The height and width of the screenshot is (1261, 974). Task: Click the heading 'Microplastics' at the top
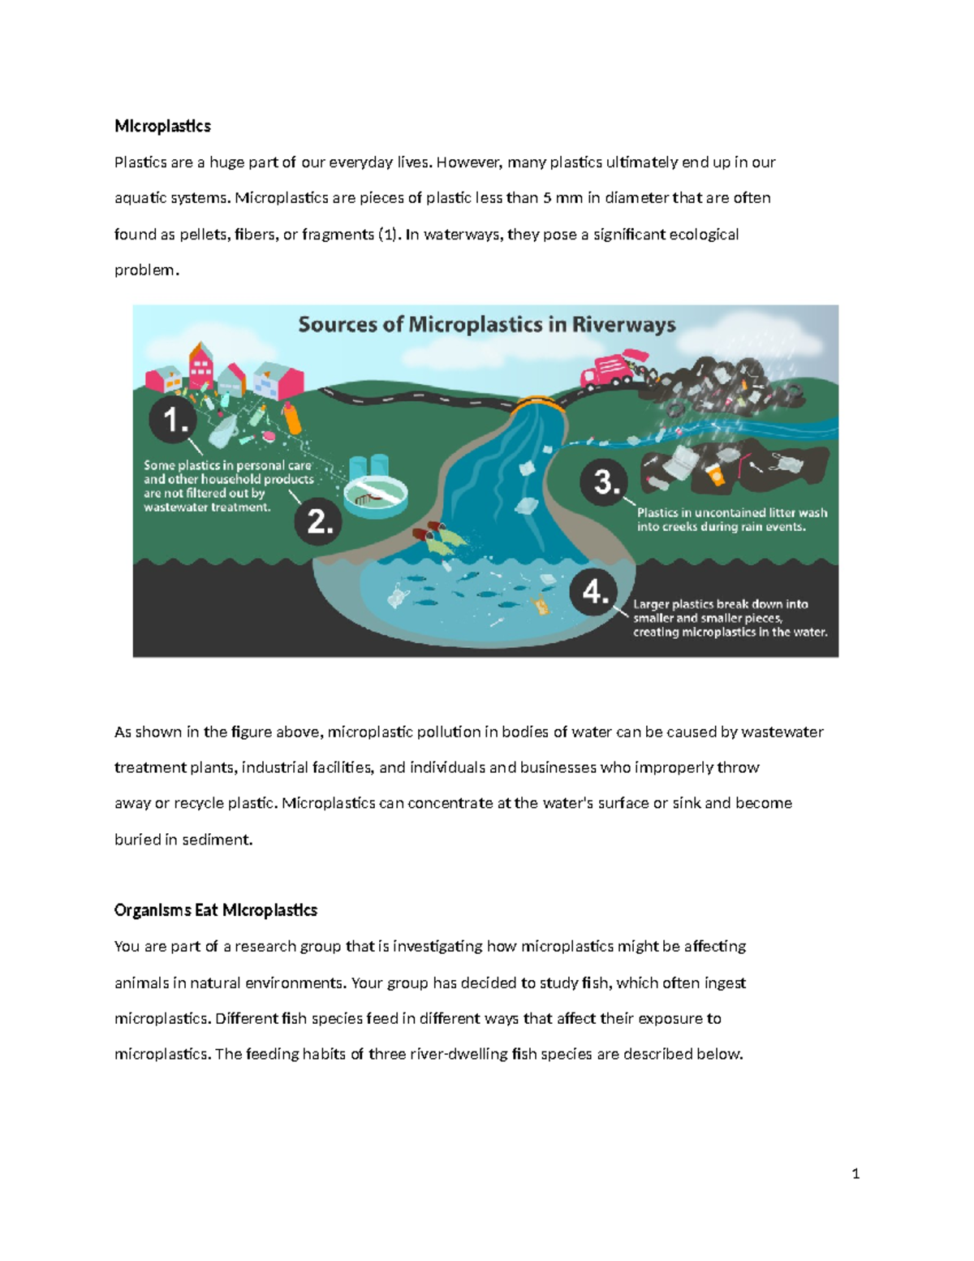pos(162,126)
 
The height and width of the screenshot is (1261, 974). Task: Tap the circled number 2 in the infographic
pos(319,521)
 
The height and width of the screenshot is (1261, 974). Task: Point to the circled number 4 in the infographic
pos(594,592)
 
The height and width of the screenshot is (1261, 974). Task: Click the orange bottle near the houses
pos(291,418)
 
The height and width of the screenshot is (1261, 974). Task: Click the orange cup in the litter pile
pos(715,474)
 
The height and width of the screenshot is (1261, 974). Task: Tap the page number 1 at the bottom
pos(855,1172)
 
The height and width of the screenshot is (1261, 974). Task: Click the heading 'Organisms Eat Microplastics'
pos(215,910)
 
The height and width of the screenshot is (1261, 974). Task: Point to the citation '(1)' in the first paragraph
pos(389,235)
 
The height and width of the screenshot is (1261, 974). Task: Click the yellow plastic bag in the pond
pos(539,604)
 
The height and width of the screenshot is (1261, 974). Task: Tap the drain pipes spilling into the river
pos(429,531)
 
